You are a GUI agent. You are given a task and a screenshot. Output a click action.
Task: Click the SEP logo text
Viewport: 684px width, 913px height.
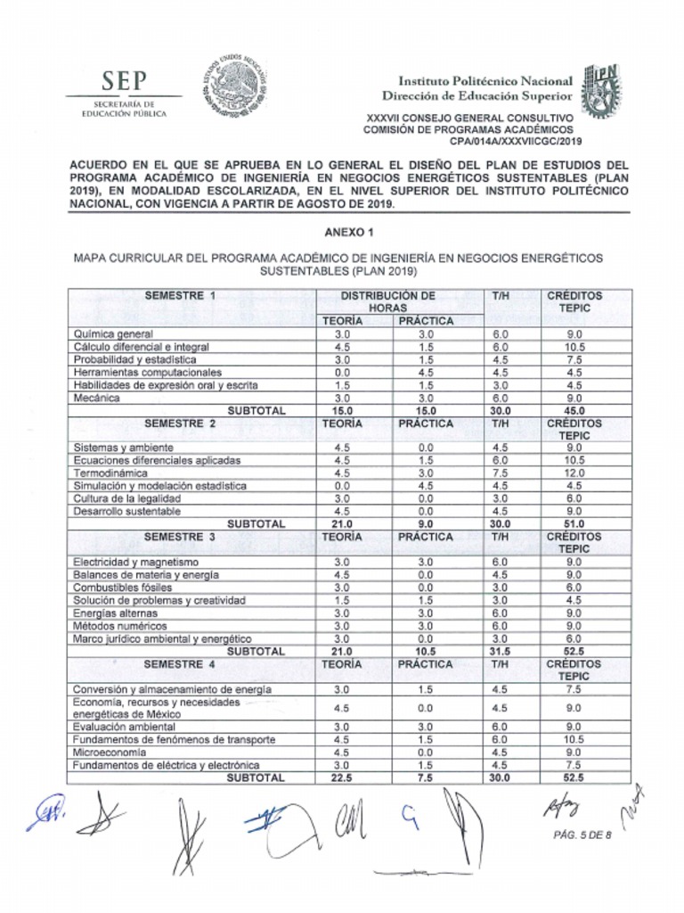124,81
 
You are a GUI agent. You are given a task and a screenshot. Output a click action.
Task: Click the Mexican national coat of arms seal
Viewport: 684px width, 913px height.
232,86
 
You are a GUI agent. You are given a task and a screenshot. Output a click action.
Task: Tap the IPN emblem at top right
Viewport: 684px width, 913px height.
601,92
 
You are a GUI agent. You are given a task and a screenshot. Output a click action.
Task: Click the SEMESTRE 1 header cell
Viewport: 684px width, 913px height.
181,295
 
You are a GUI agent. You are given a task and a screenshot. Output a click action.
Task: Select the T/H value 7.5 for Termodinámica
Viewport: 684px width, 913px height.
500,473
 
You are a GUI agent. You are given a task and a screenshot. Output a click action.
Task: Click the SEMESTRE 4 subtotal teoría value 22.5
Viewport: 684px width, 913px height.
341,777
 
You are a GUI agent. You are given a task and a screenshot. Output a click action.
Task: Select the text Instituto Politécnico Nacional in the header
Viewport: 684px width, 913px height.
484,81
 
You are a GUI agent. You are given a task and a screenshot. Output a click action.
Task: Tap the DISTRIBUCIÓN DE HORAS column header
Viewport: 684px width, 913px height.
387,301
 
